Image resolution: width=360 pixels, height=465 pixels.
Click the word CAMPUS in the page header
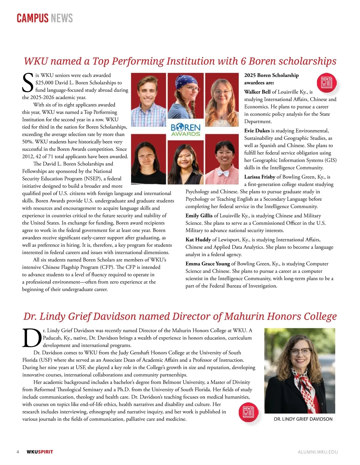coord(32,18)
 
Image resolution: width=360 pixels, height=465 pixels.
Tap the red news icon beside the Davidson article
coord(248,412)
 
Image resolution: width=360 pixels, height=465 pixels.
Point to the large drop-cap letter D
coord(32,338)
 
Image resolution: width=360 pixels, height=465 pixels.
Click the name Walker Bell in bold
coord(257,92)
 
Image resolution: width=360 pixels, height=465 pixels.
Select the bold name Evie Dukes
coord(257,131)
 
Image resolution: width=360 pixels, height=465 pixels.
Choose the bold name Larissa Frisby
coord(259,177)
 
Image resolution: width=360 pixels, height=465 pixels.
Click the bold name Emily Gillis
coord(199,216)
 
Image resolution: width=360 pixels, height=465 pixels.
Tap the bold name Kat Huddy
coord(198,240)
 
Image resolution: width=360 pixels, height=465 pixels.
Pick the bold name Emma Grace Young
coord(208,264)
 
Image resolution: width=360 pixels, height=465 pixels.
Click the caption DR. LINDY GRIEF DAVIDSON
coord(303,419)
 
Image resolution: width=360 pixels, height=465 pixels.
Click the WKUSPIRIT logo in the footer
coord(40,452)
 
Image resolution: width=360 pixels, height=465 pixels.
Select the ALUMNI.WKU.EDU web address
coord(318,452)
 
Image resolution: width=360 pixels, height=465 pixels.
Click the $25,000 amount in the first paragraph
coord(46,83)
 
